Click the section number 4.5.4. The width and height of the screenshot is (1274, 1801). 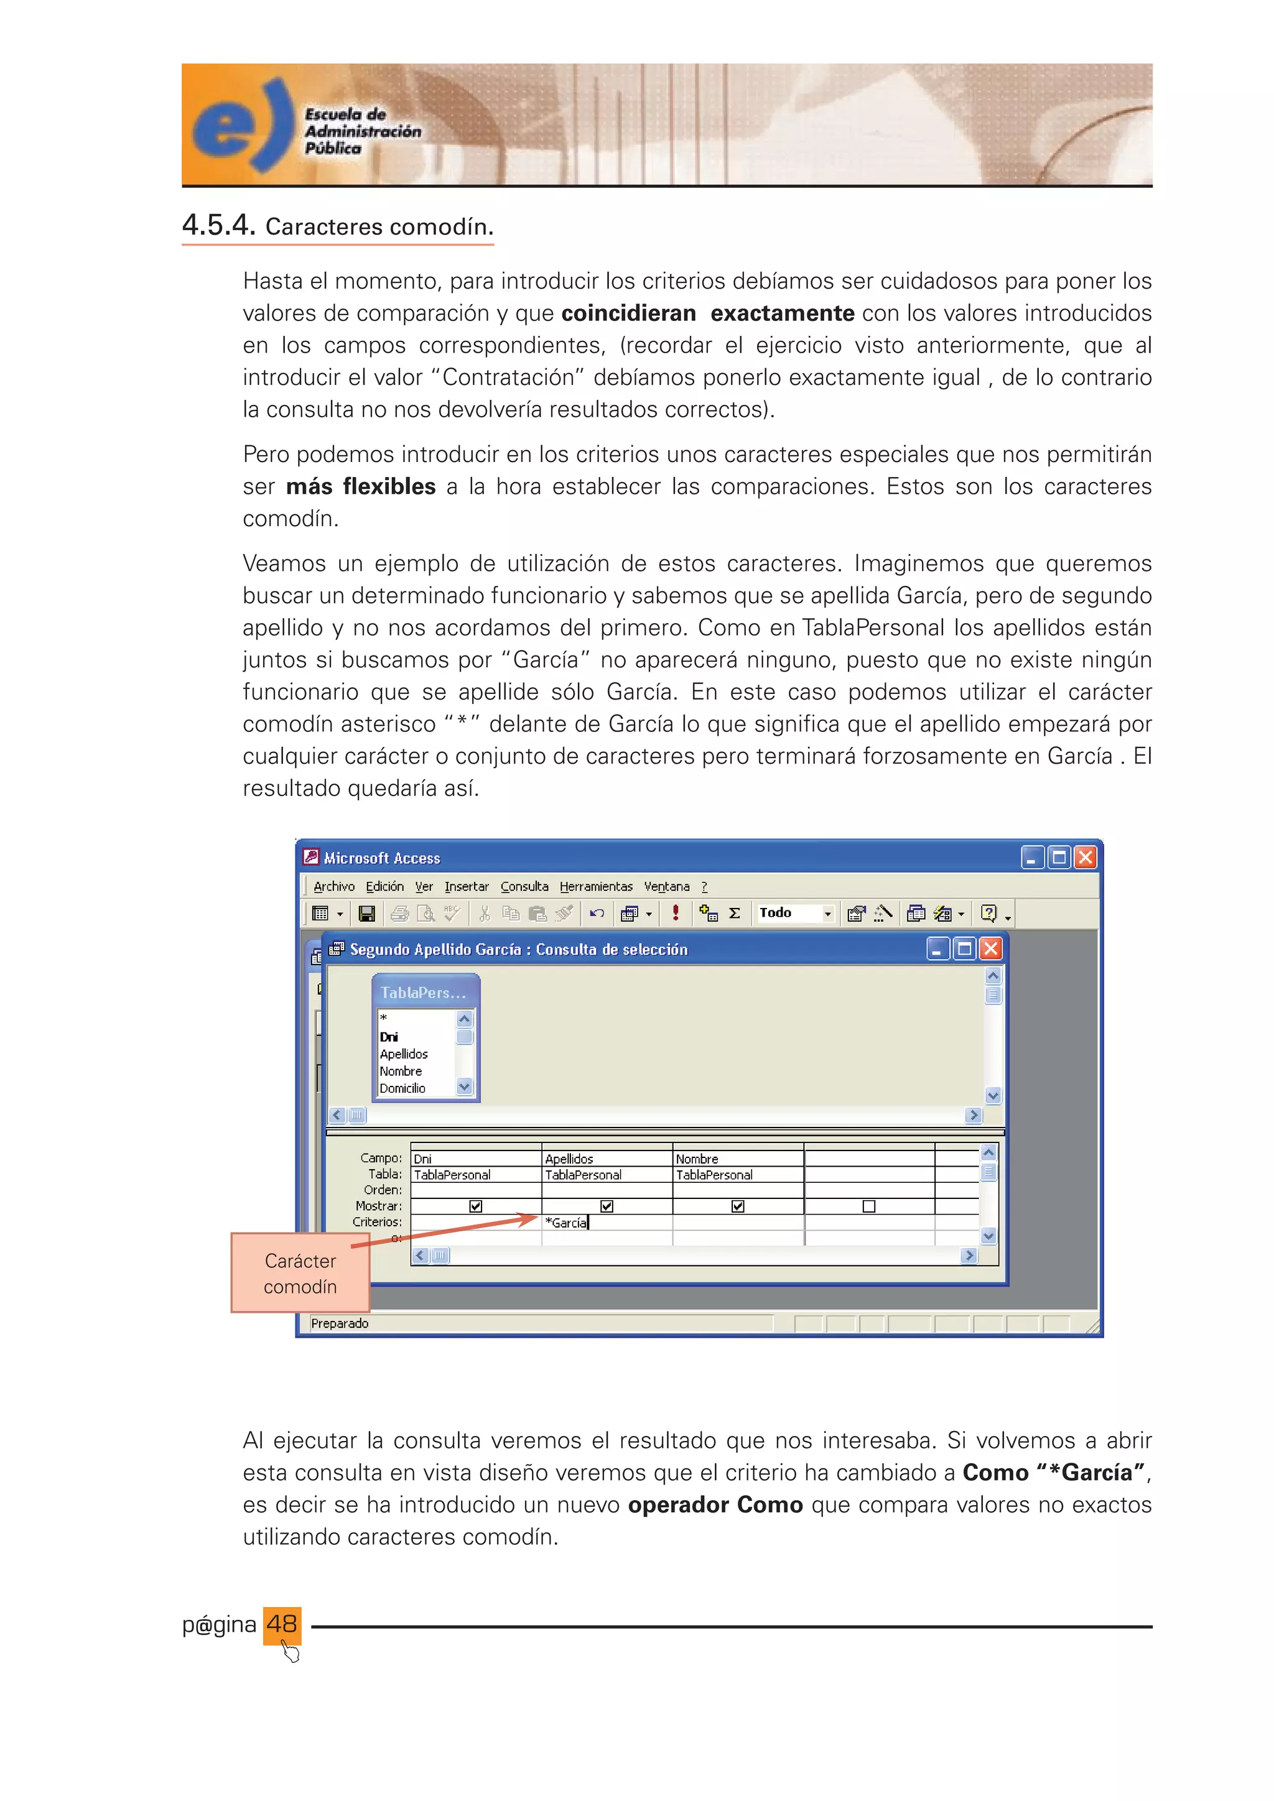pyautogui.click(x=219, y=226)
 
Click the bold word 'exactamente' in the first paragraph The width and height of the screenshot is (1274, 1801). pyautogui.click(x=782, y=313)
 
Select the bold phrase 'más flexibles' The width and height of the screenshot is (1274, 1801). pyautogui.click(x=360, y=486)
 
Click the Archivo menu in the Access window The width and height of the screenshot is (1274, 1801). pyautogui.click(x=333, y=886)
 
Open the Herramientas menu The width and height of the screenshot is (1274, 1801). pyautogui.click(x=595, y=886)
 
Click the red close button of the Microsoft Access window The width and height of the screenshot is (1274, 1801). pyautogui.click(x=1085, y=858)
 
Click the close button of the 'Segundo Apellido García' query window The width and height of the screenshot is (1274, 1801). pyautogui.click(x=991, y=949)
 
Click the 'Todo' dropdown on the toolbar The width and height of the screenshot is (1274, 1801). pyautogui.click(x=794, y=913)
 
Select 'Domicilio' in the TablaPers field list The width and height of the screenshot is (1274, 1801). pyautogui.click(x=402, y=1088)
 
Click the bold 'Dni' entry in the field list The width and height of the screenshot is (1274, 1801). pyautogui.click(x=389, y=1037)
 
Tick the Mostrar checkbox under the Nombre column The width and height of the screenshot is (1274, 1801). pyautogui.click(x=737, y=1206)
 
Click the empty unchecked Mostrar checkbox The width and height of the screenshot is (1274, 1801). pyautogui.click(x=868, y=1206)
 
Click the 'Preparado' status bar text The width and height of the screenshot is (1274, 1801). pyautogui.click(x=340, y=1323)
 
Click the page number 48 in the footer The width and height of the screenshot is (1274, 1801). pyautogui.click(x=282, y=1623)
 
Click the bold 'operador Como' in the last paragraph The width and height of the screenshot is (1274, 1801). pyautogui.click(x=715, y=1504)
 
